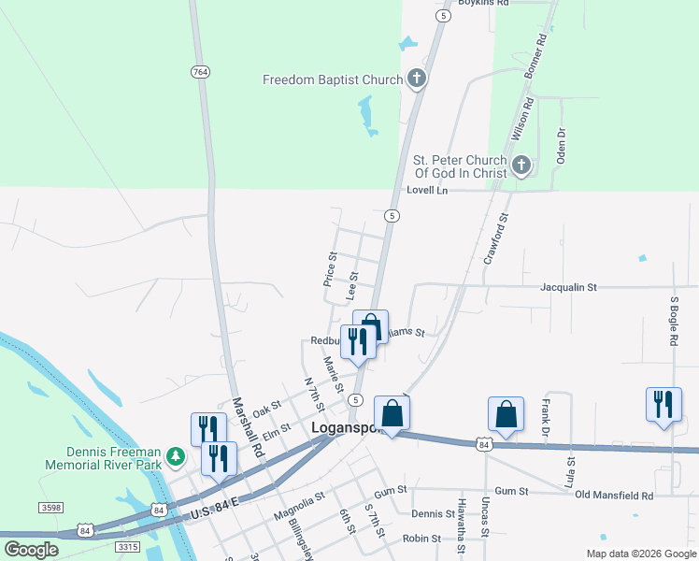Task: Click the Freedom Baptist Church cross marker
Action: click(x=416, y=80)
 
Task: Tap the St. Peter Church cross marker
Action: click(x=521, y=167)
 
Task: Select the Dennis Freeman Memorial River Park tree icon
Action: click(x=175, y=456)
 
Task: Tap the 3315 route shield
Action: click(x=126, y=546)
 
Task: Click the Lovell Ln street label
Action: click(x=427, y=190)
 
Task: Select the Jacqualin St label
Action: click(x=568, y=288)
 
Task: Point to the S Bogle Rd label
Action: click(x=674, y=322)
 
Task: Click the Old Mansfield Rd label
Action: click(x=614, y=495)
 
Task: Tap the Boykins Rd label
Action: click(x=482, y=4)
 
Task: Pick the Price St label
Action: click(x=330, y=267)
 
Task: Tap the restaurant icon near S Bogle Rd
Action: click(x=663, y=405)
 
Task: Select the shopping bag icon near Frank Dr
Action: click(x=506, y=413)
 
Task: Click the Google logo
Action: click(x=31, y=549)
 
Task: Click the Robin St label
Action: click(x=421, y=539)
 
